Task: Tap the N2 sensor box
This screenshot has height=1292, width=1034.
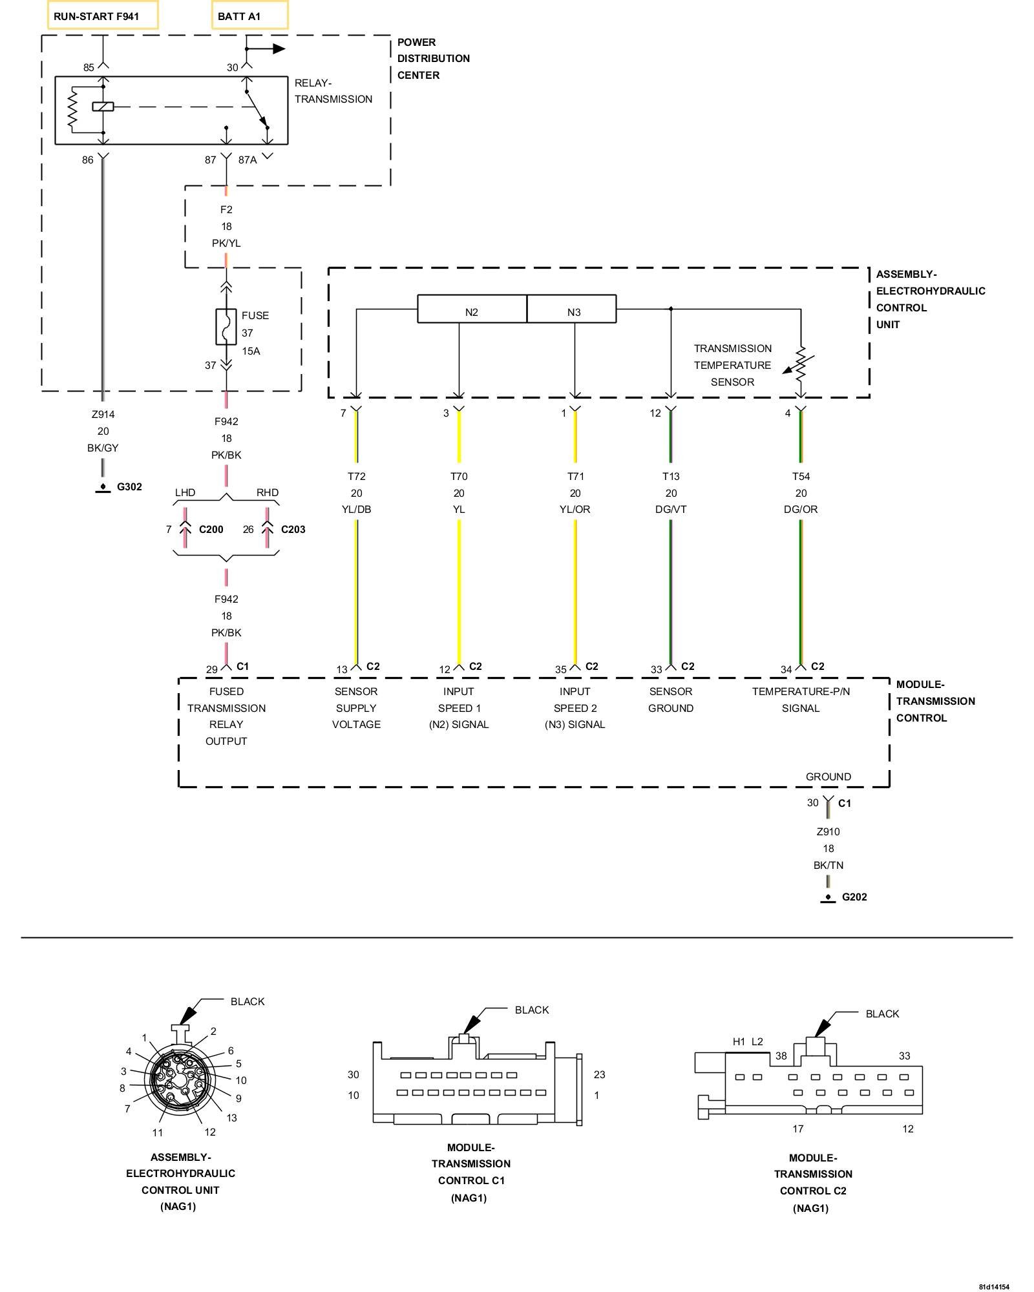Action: click(x=472, y=309)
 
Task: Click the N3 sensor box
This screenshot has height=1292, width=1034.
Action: click(x=573, y=309)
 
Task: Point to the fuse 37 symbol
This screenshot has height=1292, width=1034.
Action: click(x=226, y=327)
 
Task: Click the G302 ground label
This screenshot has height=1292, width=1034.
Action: click(x=129, y=487)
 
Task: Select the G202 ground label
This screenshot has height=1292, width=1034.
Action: click(x=854, y=897)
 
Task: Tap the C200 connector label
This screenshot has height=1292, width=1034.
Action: click(x=211, y=530)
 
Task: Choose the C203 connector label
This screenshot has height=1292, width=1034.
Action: click(x=293, y=530)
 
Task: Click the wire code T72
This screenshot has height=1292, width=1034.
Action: click(x=356, y=477)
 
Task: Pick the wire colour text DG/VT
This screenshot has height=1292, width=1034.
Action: click(x=671, y=510)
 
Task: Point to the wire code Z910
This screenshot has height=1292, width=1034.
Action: click(x=828, y=832)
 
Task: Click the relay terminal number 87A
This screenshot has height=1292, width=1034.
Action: click(x=248, y=160)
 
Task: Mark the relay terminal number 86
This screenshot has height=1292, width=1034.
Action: click(x=88, y=160)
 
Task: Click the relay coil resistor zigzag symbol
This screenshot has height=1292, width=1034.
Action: click(x=72, y=109)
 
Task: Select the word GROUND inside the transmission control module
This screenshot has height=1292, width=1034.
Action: click(x=828, y=777)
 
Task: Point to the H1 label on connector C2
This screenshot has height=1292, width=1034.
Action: click(x=739, y=1042)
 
